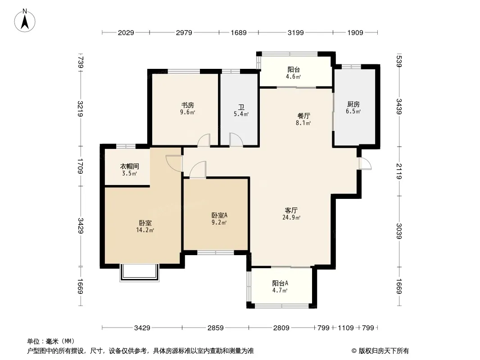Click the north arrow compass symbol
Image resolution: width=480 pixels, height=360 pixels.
[x=25, y=21]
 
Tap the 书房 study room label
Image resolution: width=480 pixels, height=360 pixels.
[x=187, y=105]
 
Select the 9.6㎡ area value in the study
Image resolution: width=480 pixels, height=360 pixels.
[x=187, y=112]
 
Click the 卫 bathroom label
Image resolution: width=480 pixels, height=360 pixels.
[x=241, y=108]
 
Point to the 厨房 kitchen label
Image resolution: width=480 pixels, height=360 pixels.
[x=353, y=104]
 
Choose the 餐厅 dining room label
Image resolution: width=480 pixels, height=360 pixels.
[x=303, y=116]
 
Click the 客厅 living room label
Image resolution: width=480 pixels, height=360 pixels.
[x=291, y=211]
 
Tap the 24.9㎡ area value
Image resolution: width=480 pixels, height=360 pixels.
[x=291, y=217]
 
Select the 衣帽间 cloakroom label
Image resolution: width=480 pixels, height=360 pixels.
[x=130, y=166]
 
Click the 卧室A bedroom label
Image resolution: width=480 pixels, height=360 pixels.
[x=219, y=216]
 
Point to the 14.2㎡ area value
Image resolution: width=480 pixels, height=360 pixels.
[x=145, y=230]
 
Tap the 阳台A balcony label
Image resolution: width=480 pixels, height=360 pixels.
[x=280, y=283]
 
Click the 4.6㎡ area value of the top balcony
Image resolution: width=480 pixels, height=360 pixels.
[x=293, y=76]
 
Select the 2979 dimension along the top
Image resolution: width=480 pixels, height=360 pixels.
[x=184, y=32]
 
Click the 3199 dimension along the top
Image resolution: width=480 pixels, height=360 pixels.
[x=296, y=32]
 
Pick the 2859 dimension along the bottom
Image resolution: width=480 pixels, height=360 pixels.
[x=216, y=328]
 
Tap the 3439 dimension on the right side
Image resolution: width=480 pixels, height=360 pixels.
[x=399, y=107]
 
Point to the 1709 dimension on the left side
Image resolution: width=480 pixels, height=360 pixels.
[x=81, y=166]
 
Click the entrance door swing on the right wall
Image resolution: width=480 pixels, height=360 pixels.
[x=365, y=163]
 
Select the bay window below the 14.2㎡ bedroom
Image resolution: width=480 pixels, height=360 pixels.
[x=140, y=273]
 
